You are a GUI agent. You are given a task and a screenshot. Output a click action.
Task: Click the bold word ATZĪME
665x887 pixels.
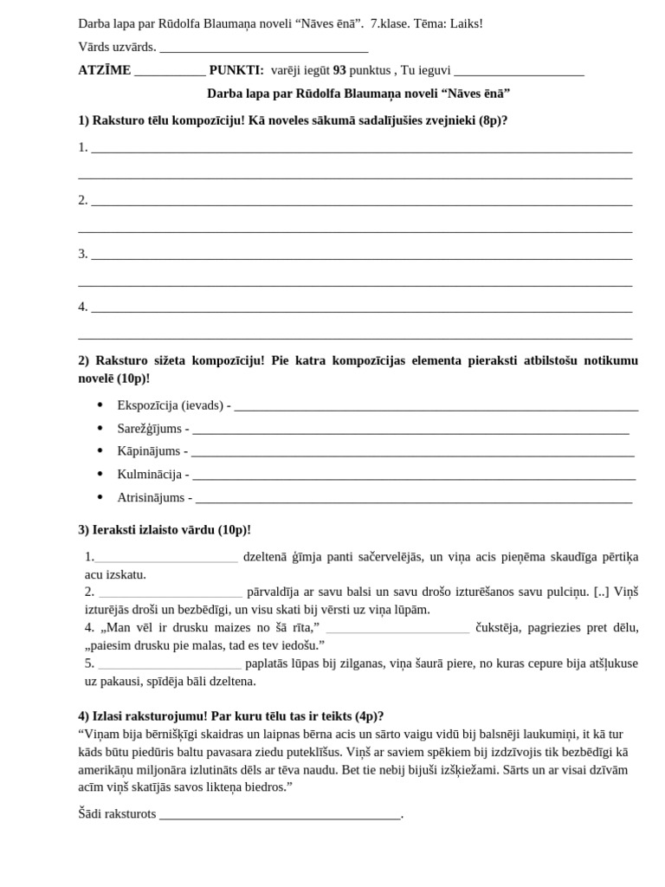[104, 70]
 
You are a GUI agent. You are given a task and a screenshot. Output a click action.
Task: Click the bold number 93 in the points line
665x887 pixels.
[339, 70]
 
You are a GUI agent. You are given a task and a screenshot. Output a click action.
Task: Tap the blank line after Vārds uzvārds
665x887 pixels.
[264, 49]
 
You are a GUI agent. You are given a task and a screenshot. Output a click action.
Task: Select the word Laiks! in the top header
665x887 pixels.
[465, 23]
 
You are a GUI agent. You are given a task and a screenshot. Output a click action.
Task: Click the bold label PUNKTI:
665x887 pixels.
[236, 70]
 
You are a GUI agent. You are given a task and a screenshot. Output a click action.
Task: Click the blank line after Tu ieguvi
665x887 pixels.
[519, 72]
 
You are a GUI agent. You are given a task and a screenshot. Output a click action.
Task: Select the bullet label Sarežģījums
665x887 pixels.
[149, 429]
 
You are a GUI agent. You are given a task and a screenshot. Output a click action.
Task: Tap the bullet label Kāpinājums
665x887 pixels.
[148, 451]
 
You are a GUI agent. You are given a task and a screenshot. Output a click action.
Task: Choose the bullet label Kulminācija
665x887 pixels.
[149, 475]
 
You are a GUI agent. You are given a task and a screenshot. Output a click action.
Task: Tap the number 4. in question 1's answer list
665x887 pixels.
[83, 307]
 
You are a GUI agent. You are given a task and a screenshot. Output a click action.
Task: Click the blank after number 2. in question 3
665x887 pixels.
[171, 593]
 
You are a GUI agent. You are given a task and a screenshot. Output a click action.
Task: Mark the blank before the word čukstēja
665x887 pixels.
[397, 629]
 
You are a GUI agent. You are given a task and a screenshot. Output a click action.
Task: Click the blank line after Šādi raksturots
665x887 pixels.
[280, 816]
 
